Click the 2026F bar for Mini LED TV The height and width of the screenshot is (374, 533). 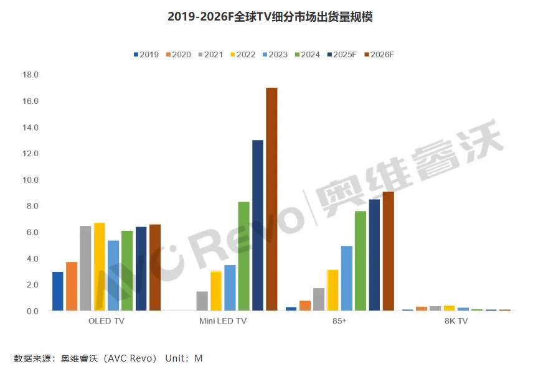click(x=271, y=199)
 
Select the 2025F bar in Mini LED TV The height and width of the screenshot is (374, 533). click(x=258, y=225)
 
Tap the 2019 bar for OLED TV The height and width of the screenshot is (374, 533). click(x=58, y=291)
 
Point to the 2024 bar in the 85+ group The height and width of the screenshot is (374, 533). click(x=361, y=261)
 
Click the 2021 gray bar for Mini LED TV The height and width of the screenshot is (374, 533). click(x=202, y=301)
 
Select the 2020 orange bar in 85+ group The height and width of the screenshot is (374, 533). click(x=305, y=306)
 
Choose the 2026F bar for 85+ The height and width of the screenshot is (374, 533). click(x=388, y=251)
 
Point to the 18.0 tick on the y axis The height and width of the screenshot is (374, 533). click(x=31, y=75)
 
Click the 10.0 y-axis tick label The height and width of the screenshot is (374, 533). click(x=31, y=180)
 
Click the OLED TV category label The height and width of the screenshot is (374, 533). click(x=106, y=321)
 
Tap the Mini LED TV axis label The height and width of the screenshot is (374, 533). click(x=223, y=321)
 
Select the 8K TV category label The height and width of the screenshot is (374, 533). click(x=456, y=321)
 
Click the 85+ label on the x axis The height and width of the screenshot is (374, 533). click(x=339, y=321)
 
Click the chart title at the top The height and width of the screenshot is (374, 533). click(x=270, y=17)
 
